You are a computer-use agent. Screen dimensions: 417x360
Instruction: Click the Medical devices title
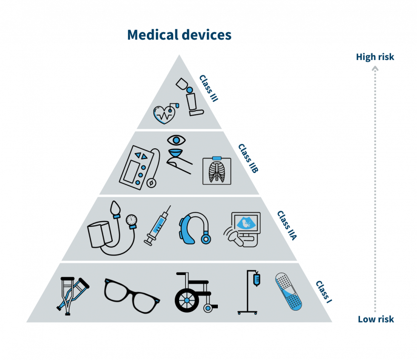(x=179, y=35)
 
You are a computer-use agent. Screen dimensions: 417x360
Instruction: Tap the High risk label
(x=375, y=57)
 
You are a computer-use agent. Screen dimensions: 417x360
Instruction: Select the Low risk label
(x=376, y=319)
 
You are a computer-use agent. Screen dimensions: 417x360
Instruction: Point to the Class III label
(x=209, y=88)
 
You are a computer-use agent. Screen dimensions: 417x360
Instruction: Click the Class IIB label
(x=248, y=159)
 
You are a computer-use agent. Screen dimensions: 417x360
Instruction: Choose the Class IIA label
(x=287, y=226)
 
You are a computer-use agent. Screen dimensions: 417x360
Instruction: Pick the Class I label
(x=324, y=292)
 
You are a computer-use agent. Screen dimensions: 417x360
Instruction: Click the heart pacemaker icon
(x=166, y=114)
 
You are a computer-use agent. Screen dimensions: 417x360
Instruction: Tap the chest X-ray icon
(x=217, y=170)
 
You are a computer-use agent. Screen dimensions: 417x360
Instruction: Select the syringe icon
(x=157, y=225)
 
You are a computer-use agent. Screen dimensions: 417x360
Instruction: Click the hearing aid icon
(x=195, y=228)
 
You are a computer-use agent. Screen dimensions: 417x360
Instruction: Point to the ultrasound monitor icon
(x=242, y=230)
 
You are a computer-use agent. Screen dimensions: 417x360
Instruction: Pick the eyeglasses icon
(x=131, y=296)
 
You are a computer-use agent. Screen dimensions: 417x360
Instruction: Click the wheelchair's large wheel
(x=187, y=300)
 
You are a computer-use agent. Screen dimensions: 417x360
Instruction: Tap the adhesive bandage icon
(x=288, y=292)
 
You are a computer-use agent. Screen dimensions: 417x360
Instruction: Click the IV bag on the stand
(x=257, y=279)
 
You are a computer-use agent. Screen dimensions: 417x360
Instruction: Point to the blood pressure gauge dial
(x=131, y=220)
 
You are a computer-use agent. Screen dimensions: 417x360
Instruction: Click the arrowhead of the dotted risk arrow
(x=375, y=69)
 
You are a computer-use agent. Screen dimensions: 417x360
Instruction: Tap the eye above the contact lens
(x=176, y=140)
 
